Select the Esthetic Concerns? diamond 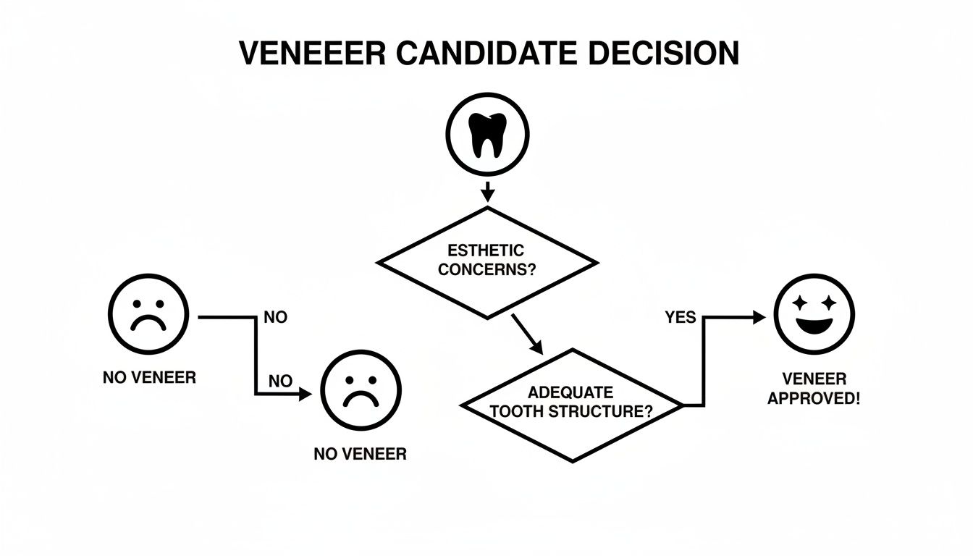tap(487, 261)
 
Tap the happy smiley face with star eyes tap(814, 314)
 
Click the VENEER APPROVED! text tap(814, 389)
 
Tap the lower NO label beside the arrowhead tap(281, 381)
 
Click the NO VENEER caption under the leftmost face tap(149, 378)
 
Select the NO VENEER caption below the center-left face tap(360, 455)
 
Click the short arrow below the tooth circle tap(487, 191)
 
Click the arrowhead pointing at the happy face tap(759, 316)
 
